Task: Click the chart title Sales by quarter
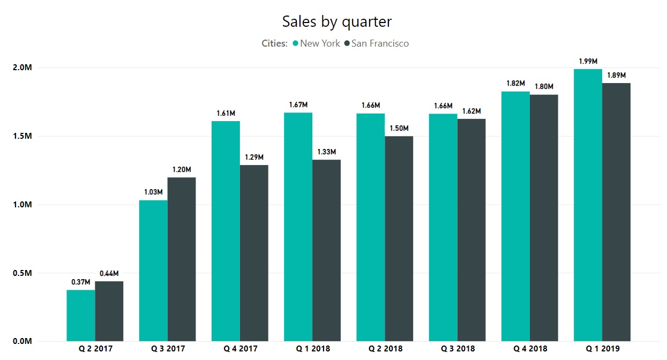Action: pyautogui.click(x=336, y=22)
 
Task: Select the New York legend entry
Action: pyautogui.click(x=319, y=43)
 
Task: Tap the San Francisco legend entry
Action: pyautogui.click(x=379, y=43)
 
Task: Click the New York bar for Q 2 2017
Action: pyautogui.click(x=81, y=316)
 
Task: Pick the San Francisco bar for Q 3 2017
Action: pyautogui.click(x=182, y=259)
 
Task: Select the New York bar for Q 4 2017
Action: pyautogui.click(x=226, y=231)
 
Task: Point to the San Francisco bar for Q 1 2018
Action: pyautogui.click(x=326, y=250)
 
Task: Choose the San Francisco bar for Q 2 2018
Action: pyautogui.click(x=399, y=238)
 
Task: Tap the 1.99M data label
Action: pyautogui.click(x=588, y=61)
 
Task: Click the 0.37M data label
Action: pyautogui.click(x=81, y=282)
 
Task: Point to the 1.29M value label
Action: pyautogui.click(x=254, y=157)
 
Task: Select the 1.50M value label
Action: pyautogui.click(x=399, y=128)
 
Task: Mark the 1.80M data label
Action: pyautogui.click(x=544, y=86)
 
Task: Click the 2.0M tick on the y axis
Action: pyautogui.click(x=23, y=67)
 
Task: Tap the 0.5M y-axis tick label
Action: pyautogui.click(x=23, y=273)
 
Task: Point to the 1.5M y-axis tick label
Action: pyautogui.click(x=23, y=136)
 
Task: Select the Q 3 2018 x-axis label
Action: pyautogui.click(x=458, y=349)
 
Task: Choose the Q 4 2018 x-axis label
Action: pyautogui.click(x=530, y=349)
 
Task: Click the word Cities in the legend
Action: pyautogui.click(x=274, y=43)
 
